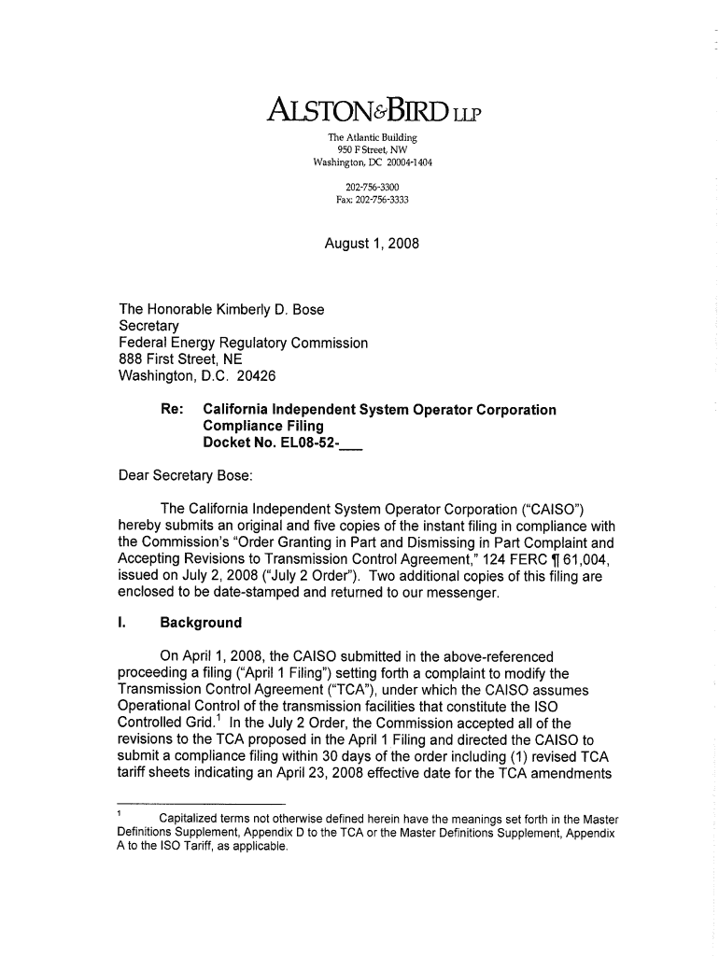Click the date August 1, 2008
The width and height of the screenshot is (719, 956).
click(372, 244)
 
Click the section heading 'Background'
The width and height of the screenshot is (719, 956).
click(201, 623)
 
